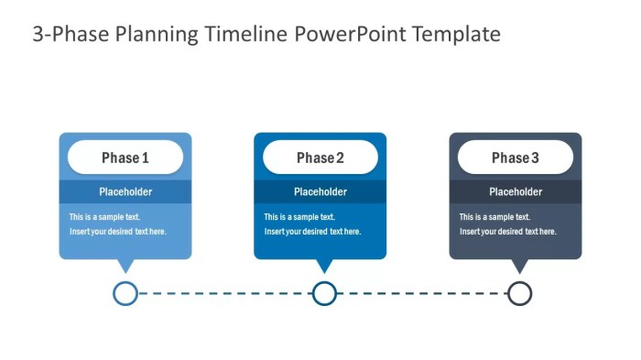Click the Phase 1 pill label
coord(125,158)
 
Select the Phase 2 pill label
coord(320,158)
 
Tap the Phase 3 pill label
coord(516,158)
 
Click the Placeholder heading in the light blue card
coord(125,192)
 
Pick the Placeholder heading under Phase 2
coord(320,192)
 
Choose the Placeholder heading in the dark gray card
coord(516,192)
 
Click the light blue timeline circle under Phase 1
coord(125,293)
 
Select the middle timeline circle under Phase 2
coord(324,293)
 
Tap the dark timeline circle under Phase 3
coord(519,293)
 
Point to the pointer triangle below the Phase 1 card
coord(125,266)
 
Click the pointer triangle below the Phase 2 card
coord(324,266)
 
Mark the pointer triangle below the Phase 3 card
coord(519,266)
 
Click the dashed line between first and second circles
coord(224,293)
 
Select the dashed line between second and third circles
coord(421,293)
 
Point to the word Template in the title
coord(456,35)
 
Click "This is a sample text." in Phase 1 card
coord(105,217)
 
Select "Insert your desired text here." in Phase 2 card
coord(312,232)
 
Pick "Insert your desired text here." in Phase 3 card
coord(507,232)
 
